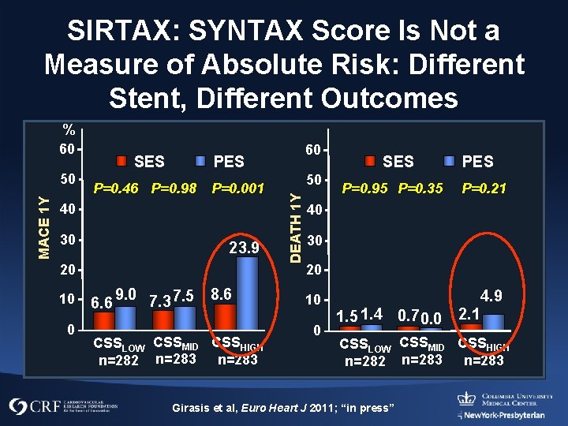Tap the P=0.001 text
[x=237, y=189]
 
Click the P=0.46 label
[x=116, y=189]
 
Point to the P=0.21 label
[x=484, y=189]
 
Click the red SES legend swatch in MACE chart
[x=121, y=162]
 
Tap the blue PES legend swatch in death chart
[x=449, y=162]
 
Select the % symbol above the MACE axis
[x=69, y=130]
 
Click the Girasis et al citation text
[x=283, y=407]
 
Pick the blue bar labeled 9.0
[x=125, y=316]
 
